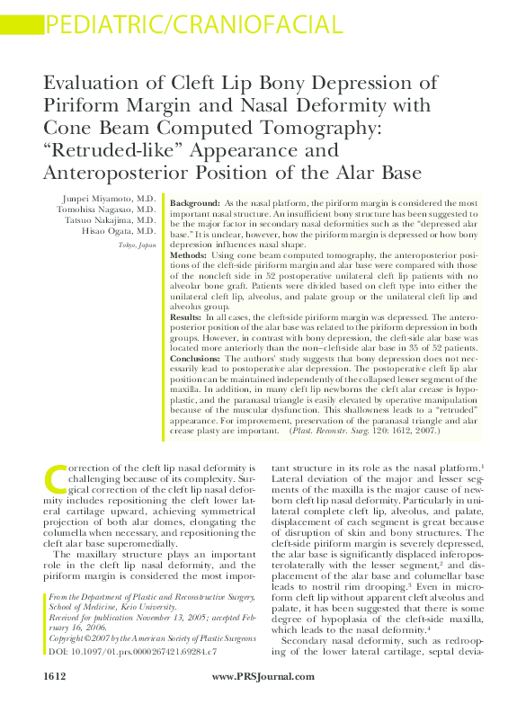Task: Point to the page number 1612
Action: [x=56, y=676]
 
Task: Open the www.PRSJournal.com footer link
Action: [x=263, y=676]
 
